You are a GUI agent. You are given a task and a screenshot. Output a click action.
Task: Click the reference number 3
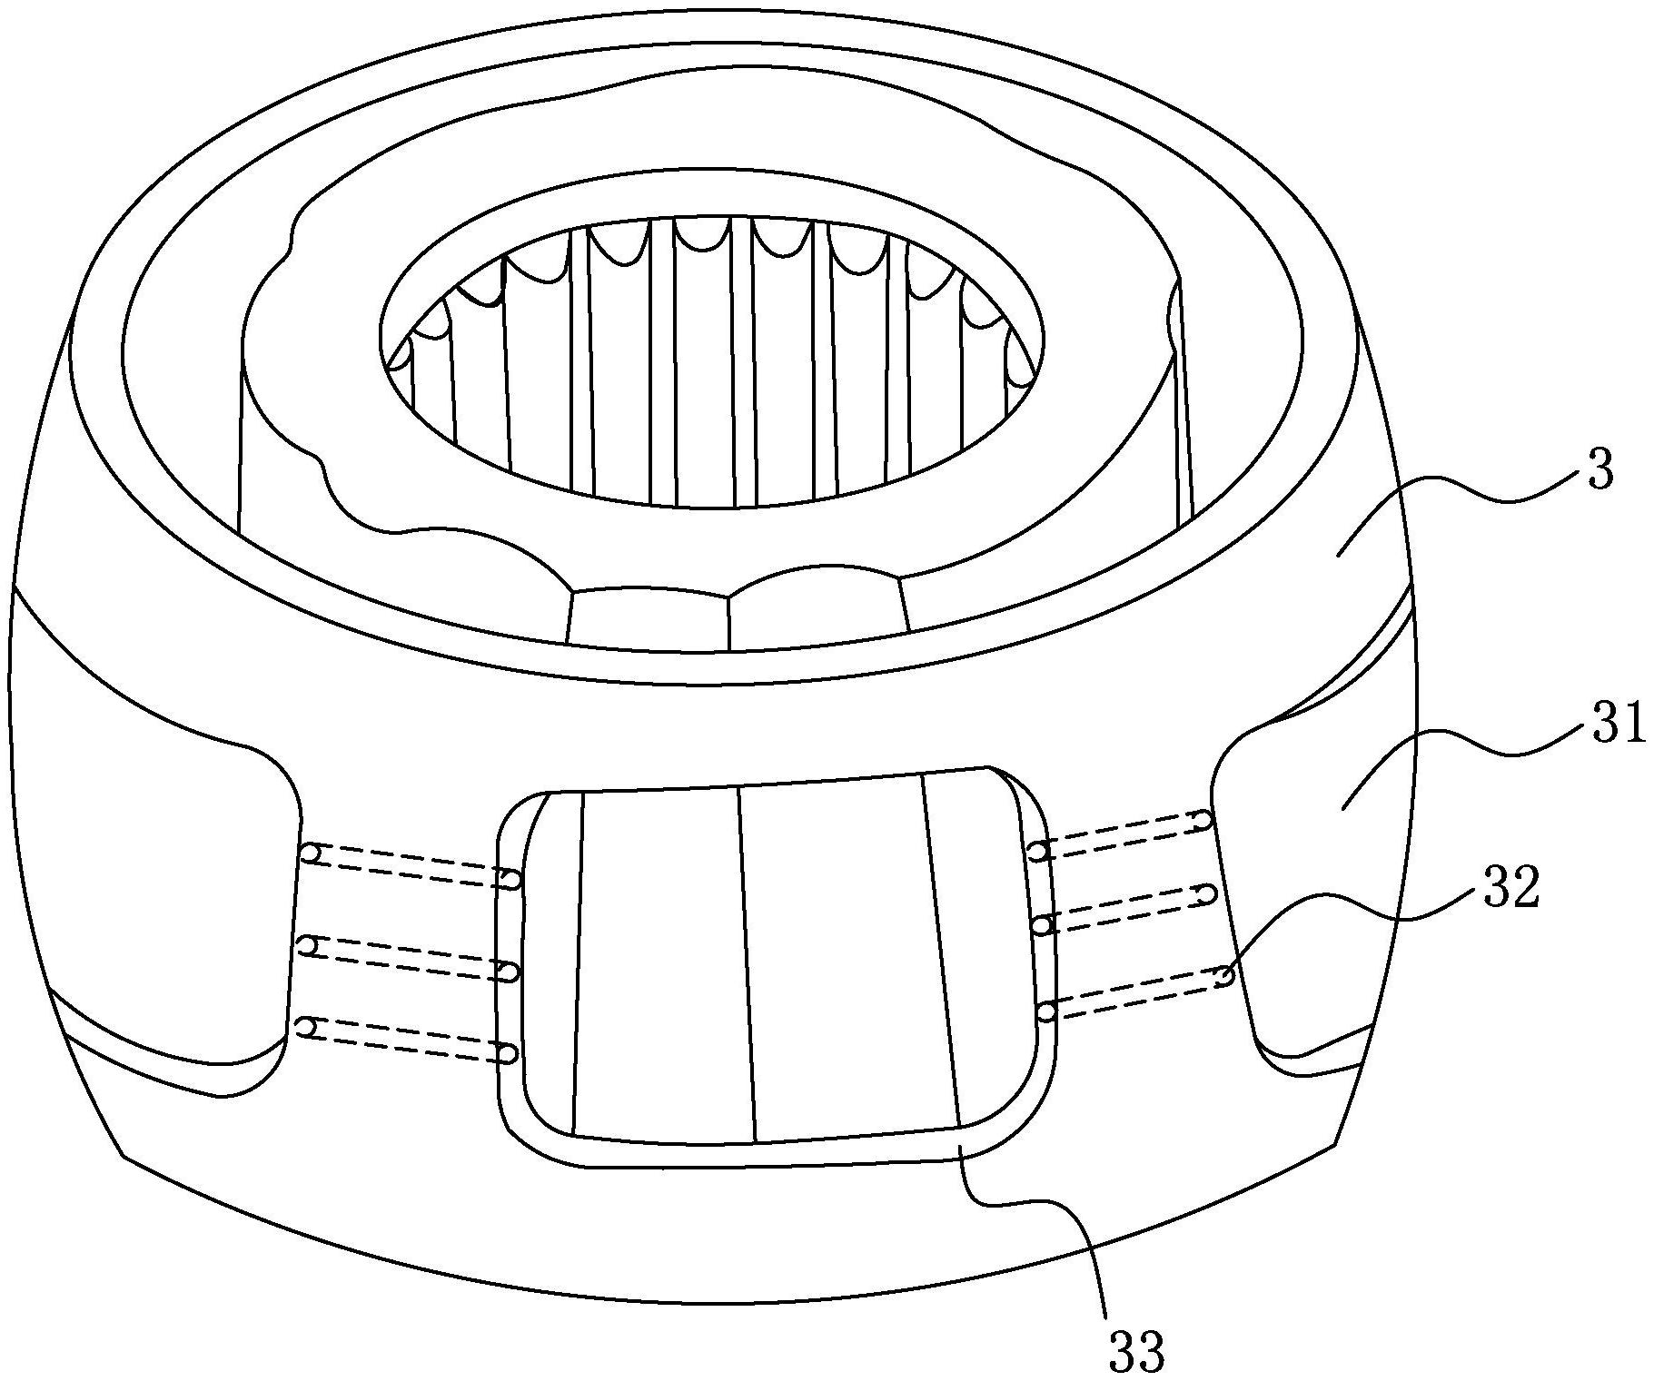click(x=1600, y=472)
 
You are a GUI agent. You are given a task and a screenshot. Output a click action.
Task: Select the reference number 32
click(x=1512, y=891)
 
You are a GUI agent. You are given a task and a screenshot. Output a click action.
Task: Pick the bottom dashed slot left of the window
click(x=408, y=1041)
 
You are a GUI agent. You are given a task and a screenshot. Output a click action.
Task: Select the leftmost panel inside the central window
click(x=659, y=962)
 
